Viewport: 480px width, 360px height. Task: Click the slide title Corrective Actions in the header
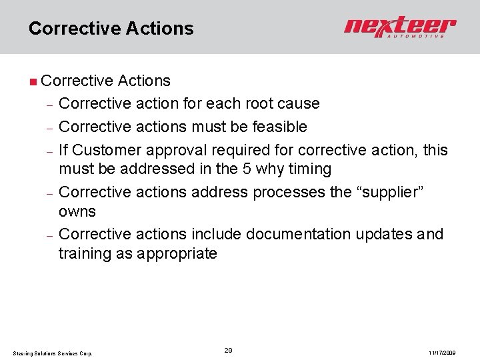click(111, 29)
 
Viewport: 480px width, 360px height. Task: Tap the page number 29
click(228, 350)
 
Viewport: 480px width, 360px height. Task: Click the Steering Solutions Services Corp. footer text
click(53, 353)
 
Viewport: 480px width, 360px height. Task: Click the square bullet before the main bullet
click(33, 82)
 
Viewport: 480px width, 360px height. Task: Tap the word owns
click(77, 212)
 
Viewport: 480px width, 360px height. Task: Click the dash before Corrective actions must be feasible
click(49, 127)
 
